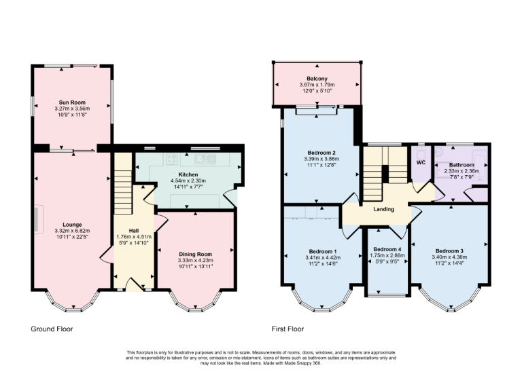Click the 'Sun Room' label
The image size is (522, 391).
[72, 102]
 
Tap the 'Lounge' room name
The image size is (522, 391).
[72, 225]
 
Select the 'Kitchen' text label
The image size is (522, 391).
[188, 174]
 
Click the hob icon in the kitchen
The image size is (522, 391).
[172, 160]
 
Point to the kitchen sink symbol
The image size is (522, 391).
[202, 160]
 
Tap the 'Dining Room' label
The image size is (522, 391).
[196, 254]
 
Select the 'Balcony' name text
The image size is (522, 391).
[317, 79]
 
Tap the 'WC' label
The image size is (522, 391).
[421, 163]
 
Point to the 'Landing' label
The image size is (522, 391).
[384, 209]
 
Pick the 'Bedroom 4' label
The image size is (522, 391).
[387, 248]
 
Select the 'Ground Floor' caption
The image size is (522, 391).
[52, 329]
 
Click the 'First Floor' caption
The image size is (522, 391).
[287, 329]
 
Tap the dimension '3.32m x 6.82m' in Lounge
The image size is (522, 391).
[72, 231]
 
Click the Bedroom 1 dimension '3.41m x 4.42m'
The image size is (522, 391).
[322, 258]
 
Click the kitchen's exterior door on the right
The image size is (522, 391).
[233, 198]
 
